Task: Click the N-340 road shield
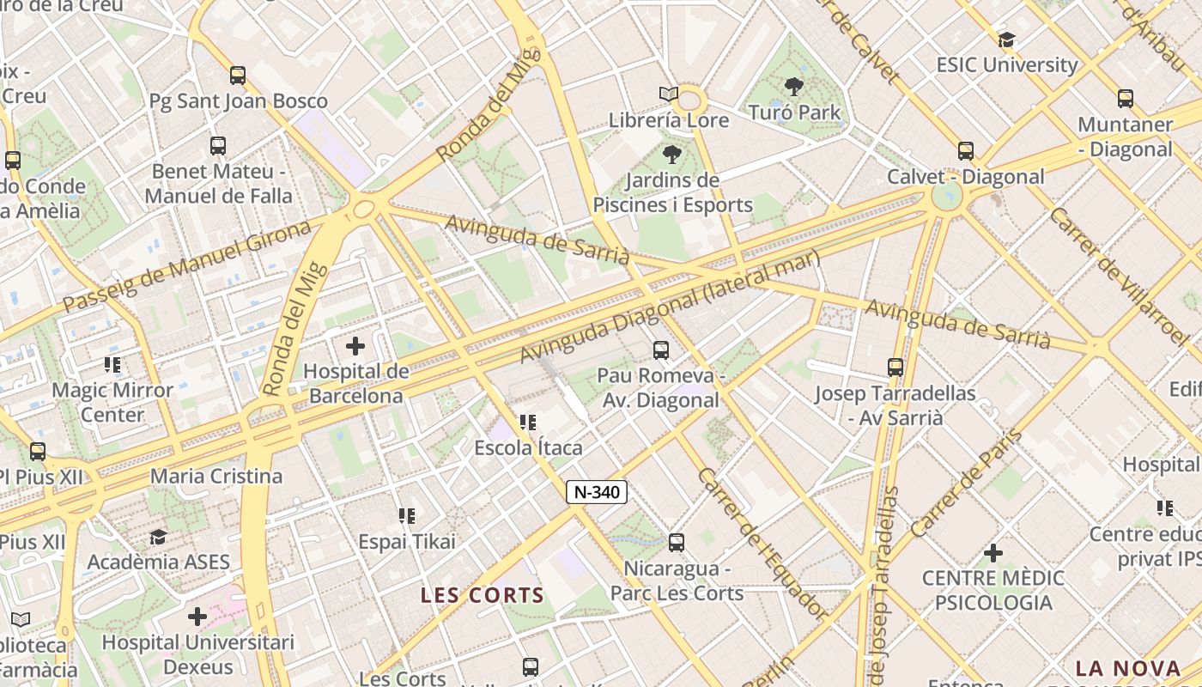pyautogui.click(x=597, y=492)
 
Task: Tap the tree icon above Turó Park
pyautogui.click(x=794, y=86)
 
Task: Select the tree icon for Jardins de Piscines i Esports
pyautogui.click(x=671, y=155)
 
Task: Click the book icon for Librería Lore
pyautogui.click(x=669, y=94)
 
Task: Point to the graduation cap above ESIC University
pyautogui.click(x=1007, y=40)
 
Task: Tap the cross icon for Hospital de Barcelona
pyautogui.click(x=355, y=346)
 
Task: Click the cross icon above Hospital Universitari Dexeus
pyautogui.click(x=197, y=616)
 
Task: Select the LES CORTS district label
pyautogui.click(x=483, y=595)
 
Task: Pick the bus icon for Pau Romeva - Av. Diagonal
pyautogui.click(x=660, y=350)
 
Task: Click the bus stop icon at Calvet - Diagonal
pyautogui.click(x=966, y=151)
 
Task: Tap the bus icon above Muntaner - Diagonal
pyautogui.click(x=1126, y=98)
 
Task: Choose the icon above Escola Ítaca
pyautogui.click(x=528, y=422)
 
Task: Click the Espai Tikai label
pyautogui.click(x=407, y=542)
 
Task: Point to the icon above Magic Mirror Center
pyautogui.click(x=112, y=364)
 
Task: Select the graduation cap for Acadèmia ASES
pyautogui.click(x=158, y=537)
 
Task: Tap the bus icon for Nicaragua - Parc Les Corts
pyautogui.click(x=677, y=542)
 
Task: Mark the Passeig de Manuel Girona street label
pyautogui.click(x=186, y=265)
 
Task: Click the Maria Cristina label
pyautogui.click(x=216, y=476)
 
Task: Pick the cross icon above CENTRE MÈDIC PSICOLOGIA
pyautogui.click(x=993, y=552)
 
